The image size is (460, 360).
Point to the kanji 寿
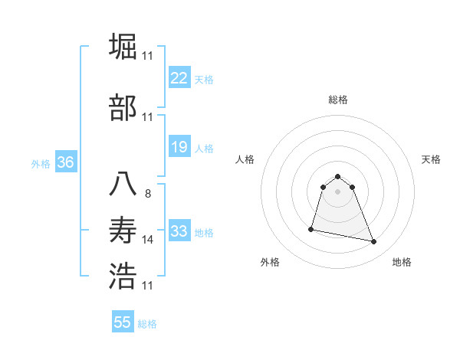coord(123,230)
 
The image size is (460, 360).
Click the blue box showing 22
coord(179,78)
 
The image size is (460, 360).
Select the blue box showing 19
coord(179,147)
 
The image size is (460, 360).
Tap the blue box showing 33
coord(179,231)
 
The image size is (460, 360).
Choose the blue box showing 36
coord(65,162)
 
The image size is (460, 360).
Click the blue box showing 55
coord(123,322)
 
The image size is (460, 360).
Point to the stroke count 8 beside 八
coord(148,194)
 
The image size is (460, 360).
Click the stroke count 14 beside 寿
coord(148,240)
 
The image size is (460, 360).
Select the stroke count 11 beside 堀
coord(148,56)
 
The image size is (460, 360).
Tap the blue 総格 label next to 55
coord(147,324)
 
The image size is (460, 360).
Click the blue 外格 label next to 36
coord(41,163)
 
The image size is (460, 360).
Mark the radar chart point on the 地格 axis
coord(374,242)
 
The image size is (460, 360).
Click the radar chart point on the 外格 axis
coord(311,228)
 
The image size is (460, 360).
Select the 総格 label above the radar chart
coord(338,100)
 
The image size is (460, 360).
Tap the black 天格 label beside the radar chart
coord(431,159)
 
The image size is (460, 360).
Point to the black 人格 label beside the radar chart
coord(245,159)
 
